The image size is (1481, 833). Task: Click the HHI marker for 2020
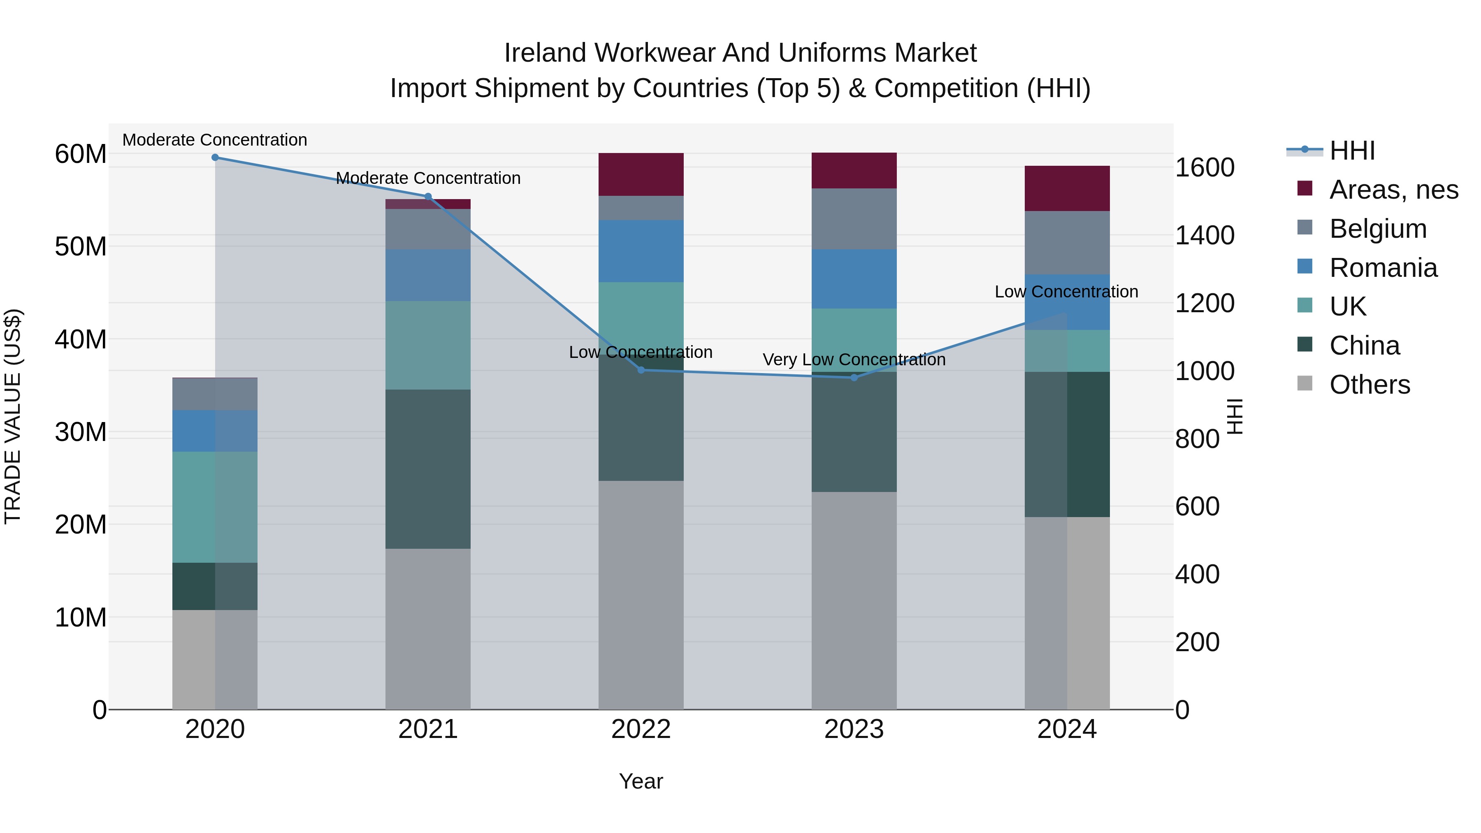[x=215, y=157]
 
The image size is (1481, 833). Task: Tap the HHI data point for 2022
[x=641, y=370]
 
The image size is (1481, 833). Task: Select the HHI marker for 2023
[x=854, y=378]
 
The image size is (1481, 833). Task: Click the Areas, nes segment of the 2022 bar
[x=641, y=174]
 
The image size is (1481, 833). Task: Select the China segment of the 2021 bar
[x=428, y=469]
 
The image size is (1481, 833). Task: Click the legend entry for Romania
[x=1383, y=268]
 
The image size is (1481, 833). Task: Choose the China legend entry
[x=1364, y=346]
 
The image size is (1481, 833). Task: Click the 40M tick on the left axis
[x=81, y=339]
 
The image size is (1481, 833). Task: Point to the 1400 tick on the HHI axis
[x=1205, y=235]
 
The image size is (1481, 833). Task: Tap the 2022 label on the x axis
[x=641, y=729]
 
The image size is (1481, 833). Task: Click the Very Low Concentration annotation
[x=854, y=360]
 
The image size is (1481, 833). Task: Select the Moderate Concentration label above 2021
[x=428, y=178]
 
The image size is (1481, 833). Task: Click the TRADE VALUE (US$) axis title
[x=13, y=416]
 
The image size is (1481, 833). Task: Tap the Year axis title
[x=641, y=781]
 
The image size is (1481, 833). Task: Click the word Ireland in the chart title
[x=545, y=53]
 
